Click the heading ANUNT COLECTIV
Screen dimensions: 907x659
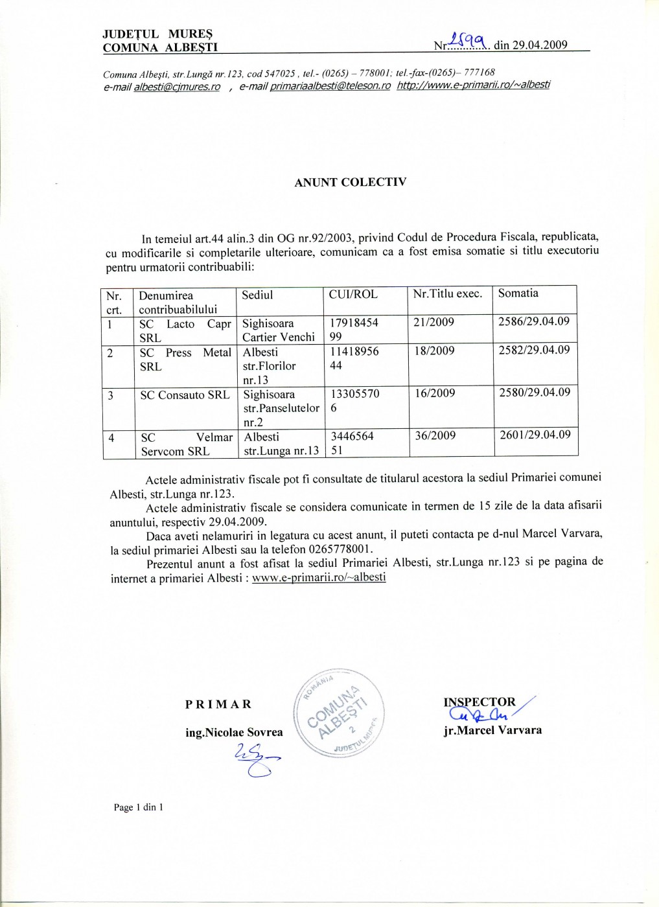(350, 182)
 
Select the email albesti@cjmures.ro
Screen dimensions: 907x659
(177, 87)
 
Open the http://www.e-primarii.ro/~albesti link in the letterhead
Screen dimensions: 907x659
(473, 85)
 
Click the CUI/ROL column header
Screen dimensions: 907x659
(353, 294)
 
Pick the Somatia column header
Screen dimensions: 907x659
(518, 293)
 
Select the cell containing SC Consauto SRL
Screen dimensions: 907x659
(185, 395)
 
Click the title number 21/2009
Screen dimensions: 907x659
(434, 322)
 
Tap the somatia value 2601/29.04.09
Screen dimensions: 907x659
(535, 435)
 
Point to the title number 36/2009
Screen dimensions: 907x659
(435, 435)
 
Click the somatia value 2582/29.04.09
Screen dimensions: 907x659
(534, 350)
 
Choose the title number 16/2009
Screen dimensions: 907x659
(435, 393)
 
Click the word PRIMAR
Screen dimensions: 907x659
(218, 704)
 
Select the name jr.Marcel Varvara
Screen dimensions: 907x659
(492, 730)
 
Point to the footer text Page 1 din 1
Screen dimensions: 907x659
(138, 807)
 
